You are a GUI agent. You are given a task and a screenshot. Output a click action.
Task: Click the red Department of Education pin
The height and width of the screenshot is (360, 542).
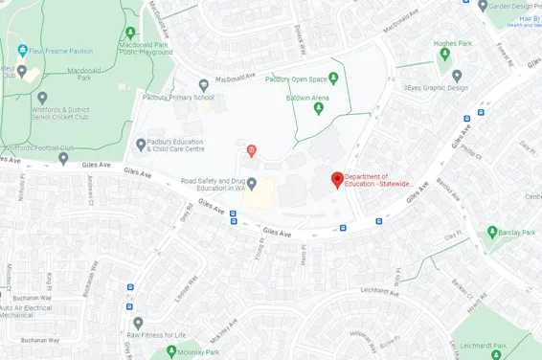click(337, 179)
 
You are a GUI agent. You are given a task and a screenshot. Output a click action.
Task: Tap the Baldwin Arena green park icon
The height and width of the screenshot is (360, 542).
click(319, 108)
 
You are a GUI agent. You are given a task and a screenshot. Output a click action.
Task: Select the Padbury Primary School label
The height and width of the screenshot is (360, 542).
click(177, 98)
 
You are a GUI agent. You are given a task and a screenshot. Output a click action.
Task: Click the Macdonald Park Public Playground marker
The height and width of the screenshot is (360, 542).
click(130, 34)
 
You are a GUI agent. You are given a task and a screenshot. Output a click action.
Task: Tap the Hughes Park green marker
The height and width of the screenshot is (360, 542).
click(443, 55)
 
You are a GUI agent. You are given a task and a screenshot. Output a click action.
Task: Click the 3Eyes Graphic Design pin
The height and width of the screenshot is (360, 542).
click(457, 76)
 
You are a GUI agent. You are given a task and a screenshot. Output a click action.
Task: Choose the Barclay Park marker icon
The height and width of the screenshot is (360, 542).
click(492, 232)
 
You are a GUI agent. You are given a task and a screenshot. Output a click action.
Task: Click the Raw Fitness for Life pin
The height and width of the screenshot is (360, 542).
click(138, 323)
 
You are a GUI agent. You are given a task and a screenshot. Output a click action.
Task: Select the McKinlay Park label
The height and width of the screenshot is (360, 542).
click(198, 352)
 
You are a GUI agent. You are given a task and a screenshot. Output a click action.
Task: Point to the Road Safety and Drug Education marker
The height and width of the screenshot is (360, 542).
click(252, 184)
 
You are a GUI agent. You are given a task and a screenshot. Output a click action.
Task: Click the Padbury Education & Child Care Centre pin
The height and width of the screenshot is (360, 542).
click(142, 145)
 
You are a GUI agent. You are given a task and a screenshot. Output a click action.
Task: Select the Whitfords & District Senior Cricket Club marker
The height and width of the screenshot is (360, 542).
click(41, 98)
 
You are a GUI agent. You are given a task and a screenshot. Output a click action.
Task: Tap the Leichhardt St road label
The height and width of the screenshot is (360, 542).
click(379, 289)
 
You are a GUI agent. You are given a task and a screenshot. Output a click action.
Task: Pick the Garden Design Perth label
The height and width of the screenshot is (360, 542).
click(515, 5)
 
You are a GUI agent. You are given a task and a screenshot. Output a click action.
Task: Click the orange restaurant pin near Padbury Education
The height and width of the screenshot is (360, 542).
click(251, 149)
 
